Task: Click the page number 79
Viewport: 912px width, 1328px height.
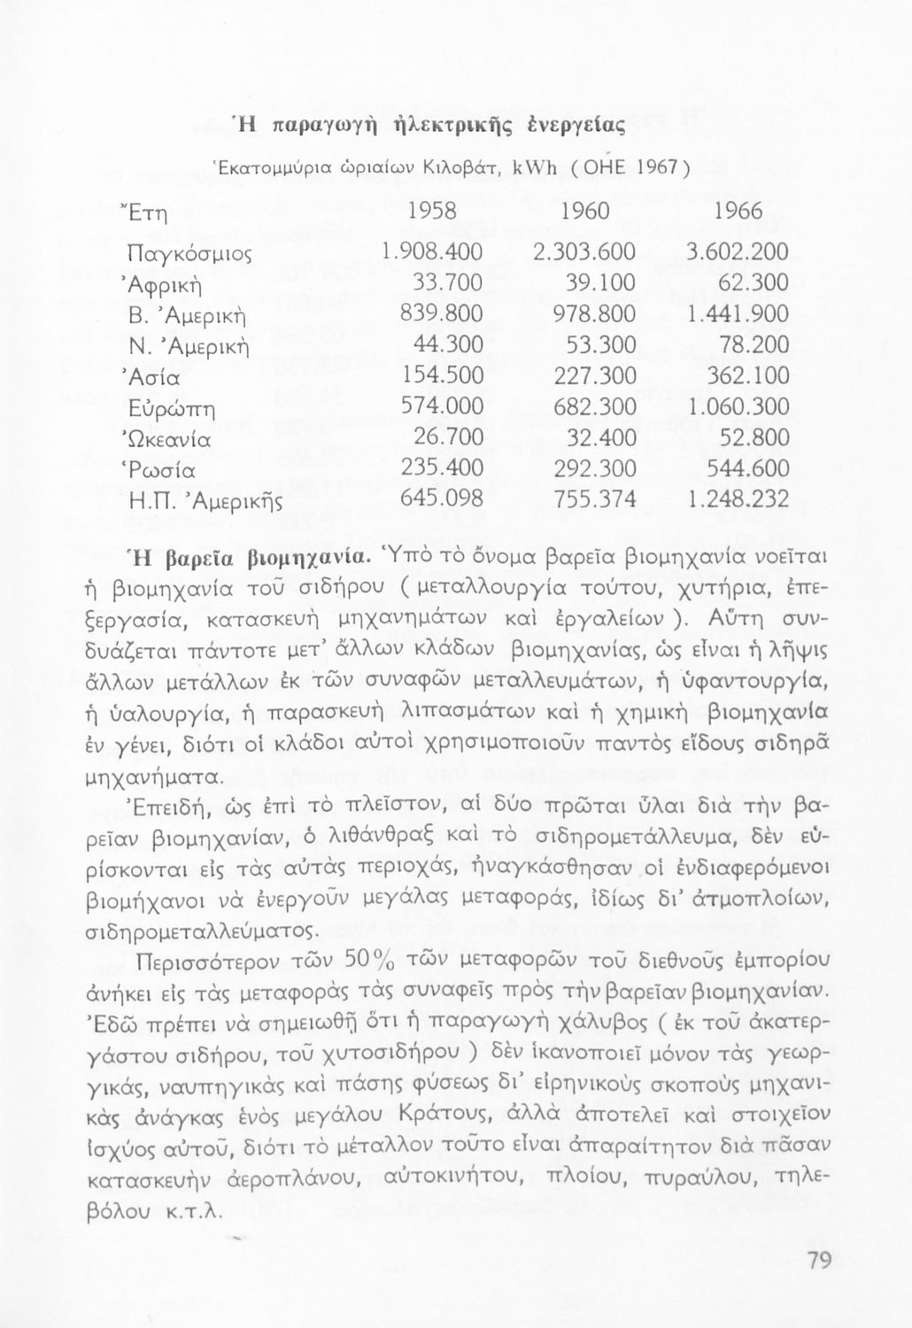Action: [820, 1260]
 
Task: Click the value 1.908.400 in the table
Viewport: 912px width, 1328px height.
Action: [430, 252]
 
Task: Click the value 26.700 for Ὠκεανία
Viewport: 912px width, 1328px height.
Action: [448, 439]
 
